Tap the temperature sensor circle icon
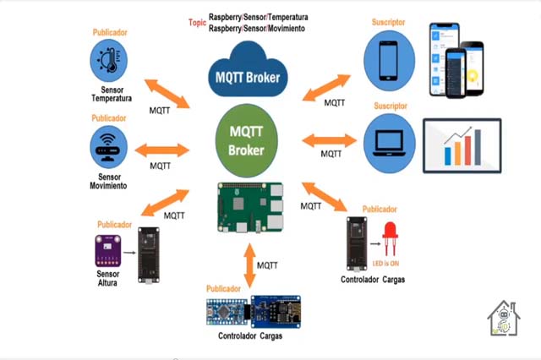point(114,60)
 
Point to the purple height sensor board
point(107,251)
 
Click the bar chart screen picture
point(462,145)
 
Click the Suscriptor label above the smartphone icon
point(388,22)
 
